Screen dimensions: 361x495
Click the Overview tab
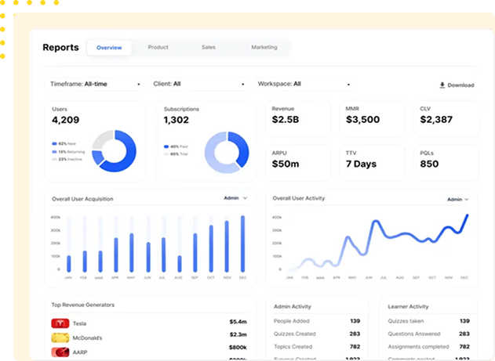tap(109, 48)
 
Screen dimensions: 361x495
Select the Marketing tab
tap(264, 48)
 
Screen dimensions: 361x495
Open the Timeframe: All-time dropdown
tap(95, 84)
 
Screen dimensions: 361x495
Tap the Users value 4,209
tap(66, 121)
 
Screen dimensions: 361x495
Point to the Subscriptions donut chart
tap(227, 151)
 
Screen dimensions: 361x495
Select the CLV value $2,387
tap(436, 120)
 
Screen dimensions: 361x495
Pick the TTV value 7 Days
tap(361, 164)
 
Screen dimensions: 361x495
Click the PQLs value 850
tap(429, 164)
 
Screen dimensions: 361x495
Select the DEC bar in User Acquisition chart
tap(242, 244)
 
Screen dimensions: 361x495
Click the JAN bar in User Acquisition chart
tap(68, 263)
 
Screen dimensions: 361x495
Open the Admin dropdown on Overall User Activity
tap(458, 200)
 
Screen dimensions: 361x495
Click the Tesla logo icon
tap(59, 323)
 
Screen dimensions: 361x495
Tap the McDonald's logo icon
tap(59, 338)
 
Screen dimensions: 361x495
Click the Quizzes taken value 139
tap(464, 321)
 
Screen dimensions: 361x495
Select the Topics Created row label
tap(293, 346)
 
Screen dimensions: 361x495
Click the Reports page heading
tap(60, 48)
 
